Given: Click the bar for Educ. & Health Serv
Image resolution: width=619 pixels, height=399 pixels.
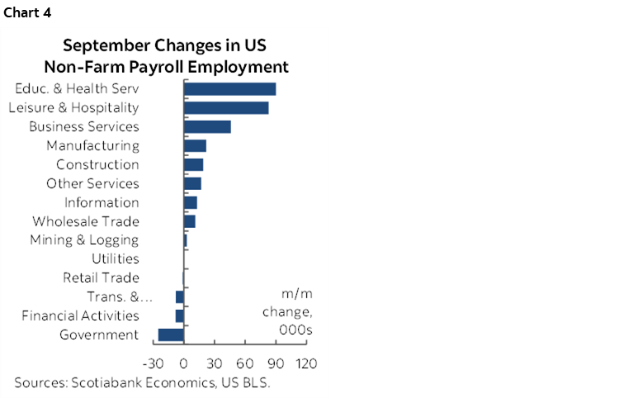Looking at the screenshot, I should pyautogui.click(x=229, y=89).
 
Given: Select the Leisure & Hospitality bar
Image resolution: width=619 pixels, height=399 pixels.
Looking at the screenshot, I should pyautogui.click(x=225, y=107).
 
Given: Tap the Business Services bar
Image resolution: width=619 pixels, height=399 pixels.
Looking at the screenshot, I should pyautogui.click(x=207, y=126).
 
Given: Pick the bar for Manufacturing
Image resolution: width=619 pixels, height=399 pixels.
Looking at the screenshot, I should pyautogui.click(x=195, y=145).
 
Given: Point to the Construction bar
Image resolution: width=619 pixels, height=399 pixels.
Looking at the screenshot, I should pyautogui.click(x=193, y=164).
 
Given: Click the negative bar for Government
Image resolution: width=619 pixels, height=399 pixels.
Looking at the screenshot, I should pyautogui.click(x=171, y=335).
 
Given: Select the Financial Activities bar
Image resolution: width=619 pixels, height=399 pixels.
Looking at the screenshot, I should pyautogui.click(x=179, y=316).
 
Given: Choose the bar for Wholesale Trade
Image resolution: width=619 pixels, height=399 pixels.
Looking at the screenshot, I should pyautogui.click(x=189, y=221).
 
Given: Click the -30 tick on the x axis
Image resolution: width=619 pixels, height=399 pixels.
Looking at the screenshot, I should pyautogui.click(x=153, y=363).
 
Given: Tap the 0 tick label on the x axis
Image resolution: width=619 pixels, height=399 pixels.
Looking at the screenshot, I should pyautogui.click(x=184, y=363).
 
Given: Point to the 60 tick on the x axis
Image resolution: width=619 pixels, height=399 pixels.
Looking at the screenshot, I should pyautogui.click(x=244, y=363).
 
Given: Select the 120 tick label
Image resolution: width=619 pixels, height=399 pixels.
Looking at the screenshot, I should pyautogui.click(x=305, y=363).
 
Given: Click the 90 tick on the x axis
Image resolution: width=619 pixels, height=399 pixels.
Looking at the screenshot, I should pyautogui.click(x=275, y=363).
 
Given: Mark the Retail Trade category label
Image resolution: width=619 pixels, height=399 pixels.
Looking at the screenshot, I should pyautogui.click(x=101, y=278).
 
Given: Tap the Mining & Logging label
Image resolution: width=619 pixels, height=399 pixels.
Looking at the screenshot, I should pyautogui.click(x=84, y=240).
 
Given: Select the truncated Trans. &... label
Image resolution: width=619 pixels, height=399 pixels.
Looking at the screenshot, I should pyautogui.click(x=112, y=297).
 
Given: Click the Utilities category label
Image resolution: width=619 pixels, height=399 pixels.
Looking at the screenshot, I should pyautogui.click(x=115, y=259).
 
